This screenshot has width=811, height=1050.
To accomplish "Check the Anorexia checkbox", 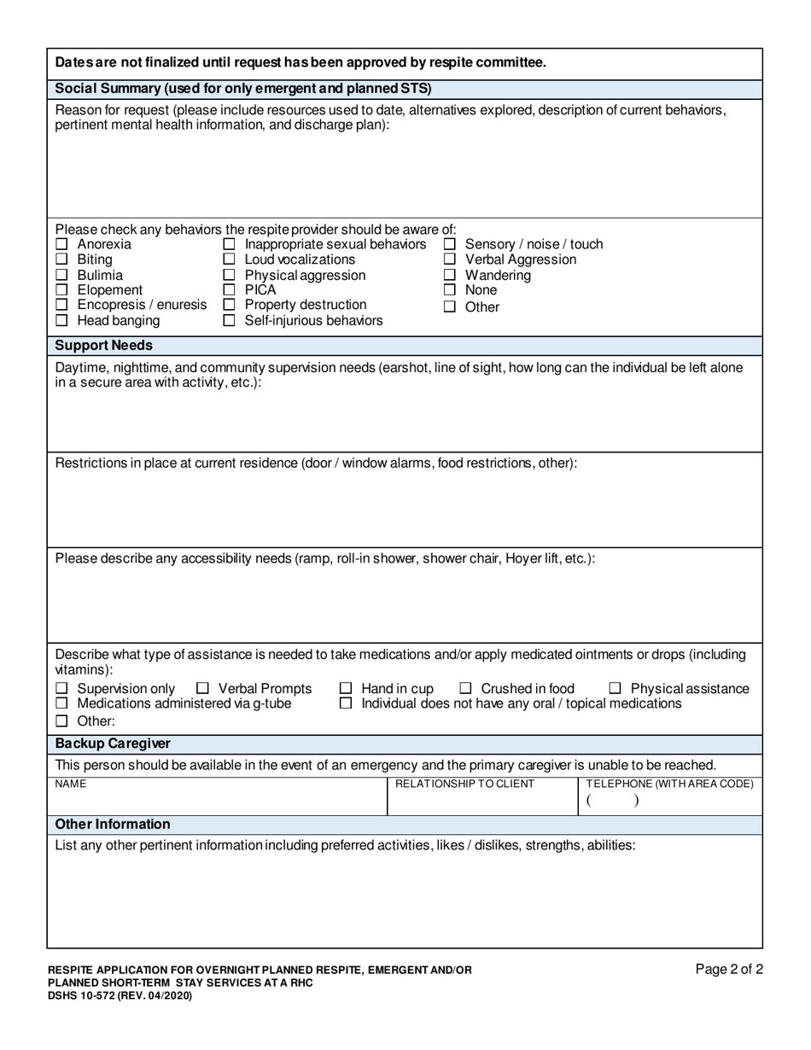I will pyautogui.click(x=61, y=245).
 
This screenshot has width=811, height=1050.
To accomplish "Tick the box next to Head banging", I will pyautogui.click(x=61, y=321).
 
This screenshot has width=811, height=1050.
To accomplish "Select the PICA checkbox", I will pyautogui.click(x=229, y=290).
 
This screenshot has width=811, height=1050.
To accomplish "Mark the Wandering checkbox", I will pyautogui.click(x=450, y=276).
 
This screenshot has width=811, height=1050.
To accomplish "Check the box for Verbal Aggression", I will pyautogui.click(x=450, y=260).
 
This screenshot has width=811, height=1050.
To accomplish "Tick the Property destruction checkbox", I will pyautogui.click(x=229, y=305).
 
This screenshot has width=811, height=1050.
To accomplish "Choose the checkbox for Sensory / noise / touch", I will pyautogui.click(x=450, y=245).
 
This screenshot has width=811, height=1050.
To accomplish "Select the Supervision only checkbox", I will pyautogui.click(x=61, y=689).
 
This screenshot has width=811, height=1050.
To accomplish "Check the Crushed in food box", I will pyautogui.click(x=465, y=689).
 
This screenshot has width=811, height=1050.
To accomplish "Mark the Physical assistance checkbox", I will pyautogui.click(x=615, y=689).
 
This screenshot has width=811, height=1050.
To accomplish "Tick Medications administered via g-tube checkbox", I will pyautogui.click(x=61, y=703).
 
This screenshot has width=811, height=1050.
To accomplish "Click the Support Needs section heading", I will pyautogui.click(x=104, y=346).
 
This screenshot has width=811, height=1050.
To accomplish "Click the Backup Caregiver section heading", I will pyautogui.click(x=113, y=744).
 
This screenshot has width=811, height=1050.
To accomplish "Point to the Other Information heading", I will pyautogui.click(x=113, y=825).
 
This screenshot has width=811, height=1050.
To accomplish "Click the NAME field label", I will pyautogui.click(x=70, y=784).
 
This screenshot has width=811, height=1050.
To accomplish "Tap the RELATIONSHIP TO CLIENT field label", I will pyautogui.click(x=465, y=784).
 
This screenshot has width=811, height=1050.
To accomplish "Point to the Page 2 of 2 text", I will pyautogui.click(x=728, y=969).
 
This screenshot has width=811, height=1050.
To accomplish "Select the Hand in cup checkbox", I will pyautogui.click(x=346, y=689).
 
